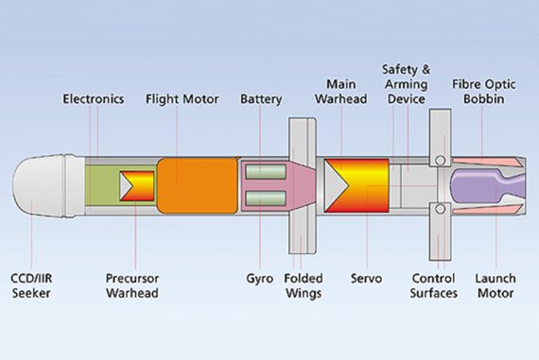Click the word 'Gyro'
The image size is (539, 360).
tap(259, 279)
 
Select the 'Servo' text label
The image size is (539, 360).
tap(366, 279)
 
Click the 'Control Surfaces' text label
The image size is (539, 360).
tap(435, 286)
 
